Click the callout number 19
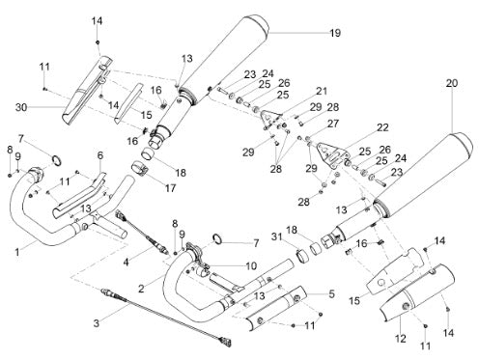tap(335, 33)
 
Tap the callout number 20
tap(451, 83)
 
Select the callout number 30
tap(21, 107)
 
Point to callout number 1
tap(17, 252)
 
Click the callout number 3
tap(97, 323)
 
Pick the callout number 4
tap(126, 263)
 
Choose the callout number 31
tap(276, 236)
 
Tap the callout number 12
tap(401, 338)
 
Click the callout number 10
tap(251, 265)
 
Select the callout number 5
tap(331, 293)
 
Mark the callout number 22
tap(382, 127)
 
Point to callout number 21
tap(321, 91)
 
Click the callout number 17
tap(170, 188)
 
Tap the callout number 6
tap(100, 155)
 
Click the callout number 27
tap(333, 124)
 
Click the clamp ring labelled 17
tap(140, 169)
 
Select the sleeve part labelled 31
tap(302, 256)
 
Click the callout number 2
tap(141, 289)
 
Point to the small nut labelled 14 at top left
tap(98, 42)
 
